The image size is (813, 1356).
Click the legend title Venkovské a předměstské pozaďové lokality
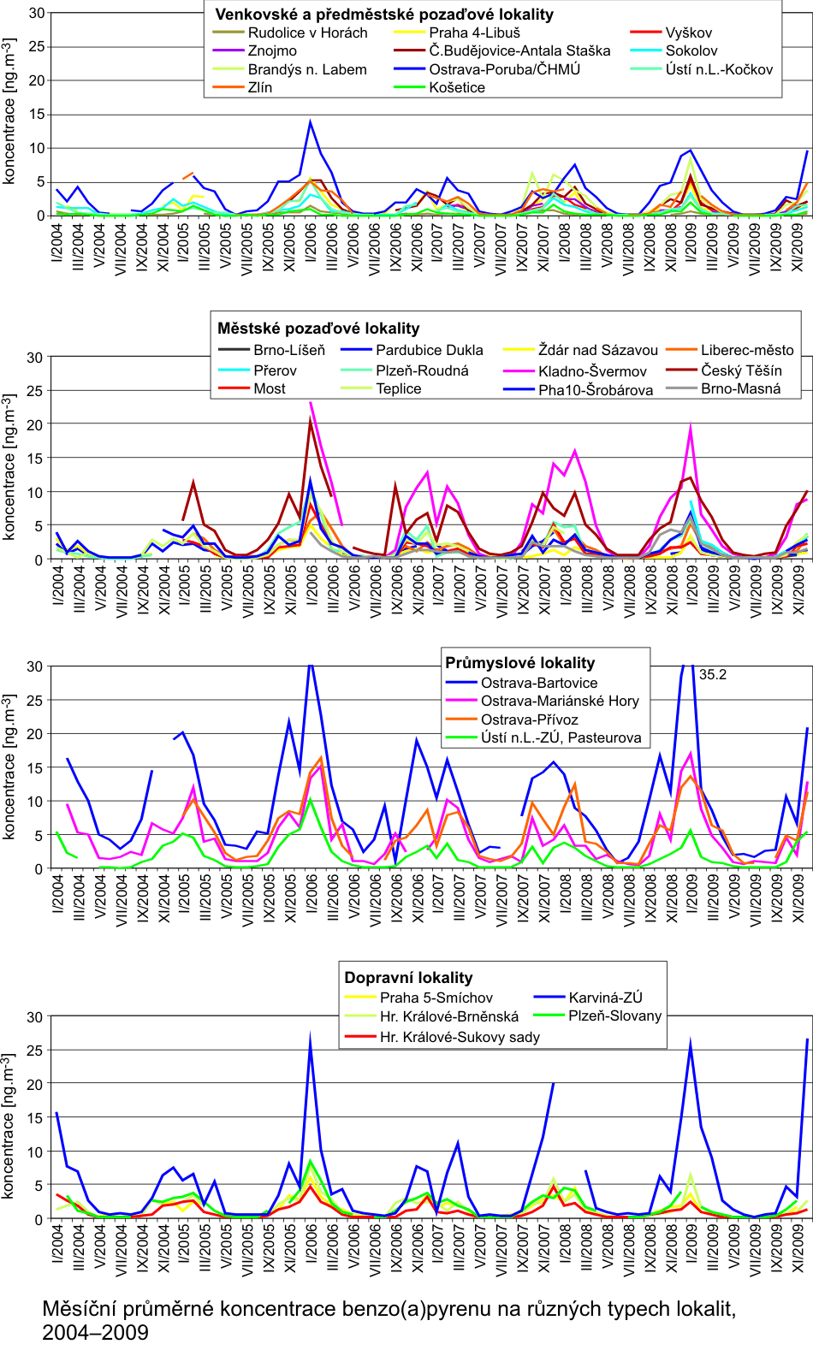click(384, 15)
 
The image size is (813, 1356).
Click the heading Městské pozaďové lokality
click(318, 329)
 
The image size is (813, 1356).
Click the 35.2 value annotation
click(713, 674)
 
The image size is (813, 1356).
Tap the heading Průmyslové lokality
click(519, 663)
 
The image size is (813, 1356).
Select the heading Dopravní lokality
click(408, 978)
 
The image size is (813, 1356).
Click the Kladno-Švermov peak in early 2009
click(691, 427)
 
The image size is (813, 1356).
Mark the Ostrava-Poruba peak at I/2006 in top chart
click(311, 121)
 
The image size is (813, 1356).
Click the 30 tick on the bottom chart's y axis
click(34, 1017)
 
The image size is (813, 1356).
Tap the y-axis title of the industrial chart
click(9, 767)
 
